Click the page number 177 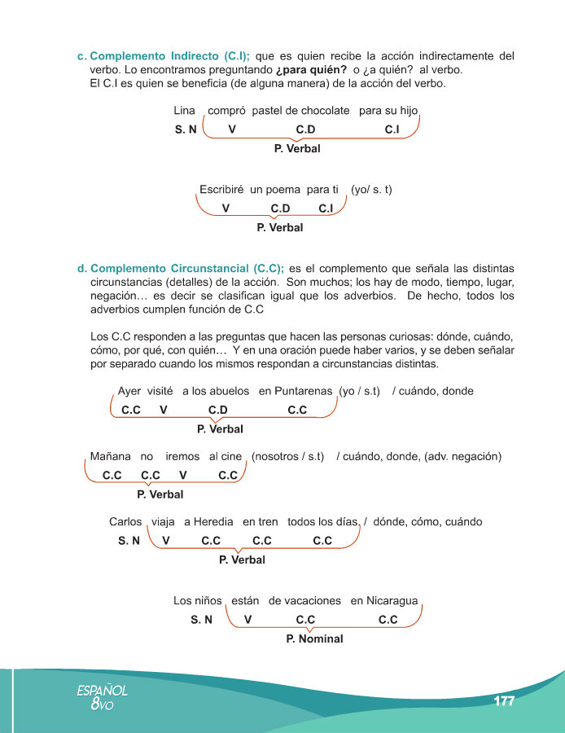[504, 701]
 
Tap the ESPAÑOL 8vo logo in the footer [102, 696]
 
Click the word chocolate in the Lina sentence [325, 110]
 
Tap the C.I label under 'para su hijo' [392, 129]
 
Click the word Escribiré [222, 189]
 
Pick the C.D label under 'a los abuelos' [217, 410]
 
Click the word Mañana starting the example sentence [110, 456]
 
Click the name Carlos [125, 521]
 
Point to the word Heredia [213, 521]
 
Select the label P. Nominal [314, 639]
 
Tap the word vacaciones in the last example [304, 601]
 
